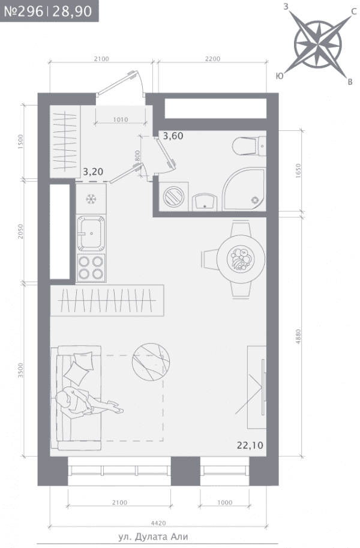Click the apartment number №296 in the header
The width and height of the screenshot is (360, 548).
[x=23, y=11]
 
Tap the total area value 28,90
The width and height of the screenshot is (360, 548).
[x=72, y=11]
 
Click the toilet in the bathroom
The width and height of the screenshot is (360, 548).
[x=249, y=146]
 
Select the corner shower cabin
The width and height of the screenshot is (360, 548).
[x=244, y=189]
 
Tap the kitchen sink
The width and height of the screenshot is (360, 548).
[x=91, y=232]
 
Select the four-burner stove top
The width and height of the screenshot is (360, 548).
[x=91, y=267]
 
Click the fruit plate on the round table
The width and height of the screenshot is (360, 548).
[x=241, y=259]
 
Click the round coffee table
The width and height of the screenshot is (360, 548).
[x=151, y=362]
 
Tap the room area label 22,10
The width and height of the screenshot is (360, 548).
[x=250, y=445]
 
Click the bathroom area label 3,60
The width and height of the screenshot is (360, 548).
[x=173, y=136]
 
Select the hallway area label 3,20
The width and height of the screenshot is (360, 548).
[x=93, y=172]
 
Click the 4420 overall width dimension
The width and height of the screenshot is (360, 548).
[x=158, y=523]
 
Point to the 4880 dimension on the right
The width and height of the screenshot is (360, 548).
[x=298, y=337]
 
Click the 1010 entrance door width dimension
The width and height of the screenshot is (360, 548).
[x=121, y=119]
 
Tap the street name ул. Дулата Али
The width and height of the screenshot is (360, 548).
[x=153, y=537]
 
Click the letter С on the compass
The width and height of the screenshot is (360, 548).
[x=354, y=12]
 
